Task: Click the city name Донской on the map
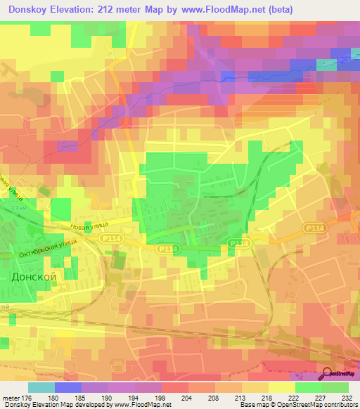[x=34, y=278]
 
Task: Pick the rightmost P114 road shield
[x=314, y=228]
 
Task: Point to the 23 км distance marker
[x=8, y=208]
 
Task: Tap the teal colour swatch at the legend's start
[x=41, y=387]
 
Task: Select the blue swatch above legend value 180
[x=68, y=387]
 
